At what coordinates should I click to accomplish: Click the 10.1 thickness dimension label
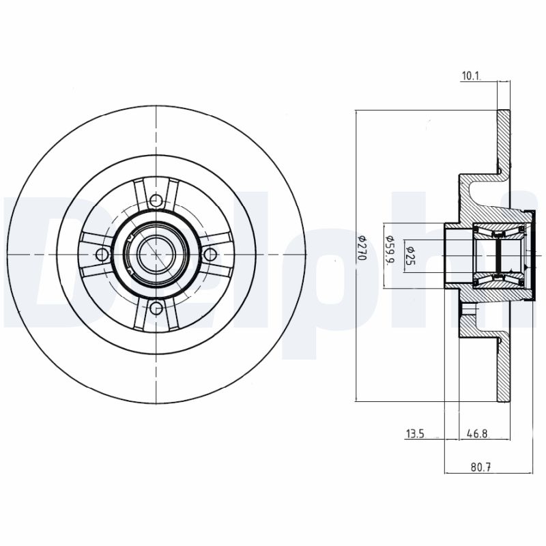[471, 76]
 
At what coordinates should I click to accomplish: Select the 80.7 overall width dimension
[483, 468]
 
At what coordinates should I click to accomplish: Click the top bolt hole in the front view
[156, 201]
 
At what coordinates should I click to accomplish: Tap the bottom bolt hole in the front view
[156, 308]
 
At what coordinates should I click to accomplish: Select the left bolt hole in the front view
[102, 255]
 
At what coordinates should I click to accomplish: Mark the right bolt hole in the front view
[210, 255]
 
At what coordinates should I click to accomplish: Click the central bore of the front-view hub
[156, 255]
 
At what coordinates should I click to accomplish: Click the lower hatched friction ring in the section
[504, 369]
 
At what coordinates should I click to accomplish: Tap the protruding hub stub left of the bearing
[454, 255]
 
